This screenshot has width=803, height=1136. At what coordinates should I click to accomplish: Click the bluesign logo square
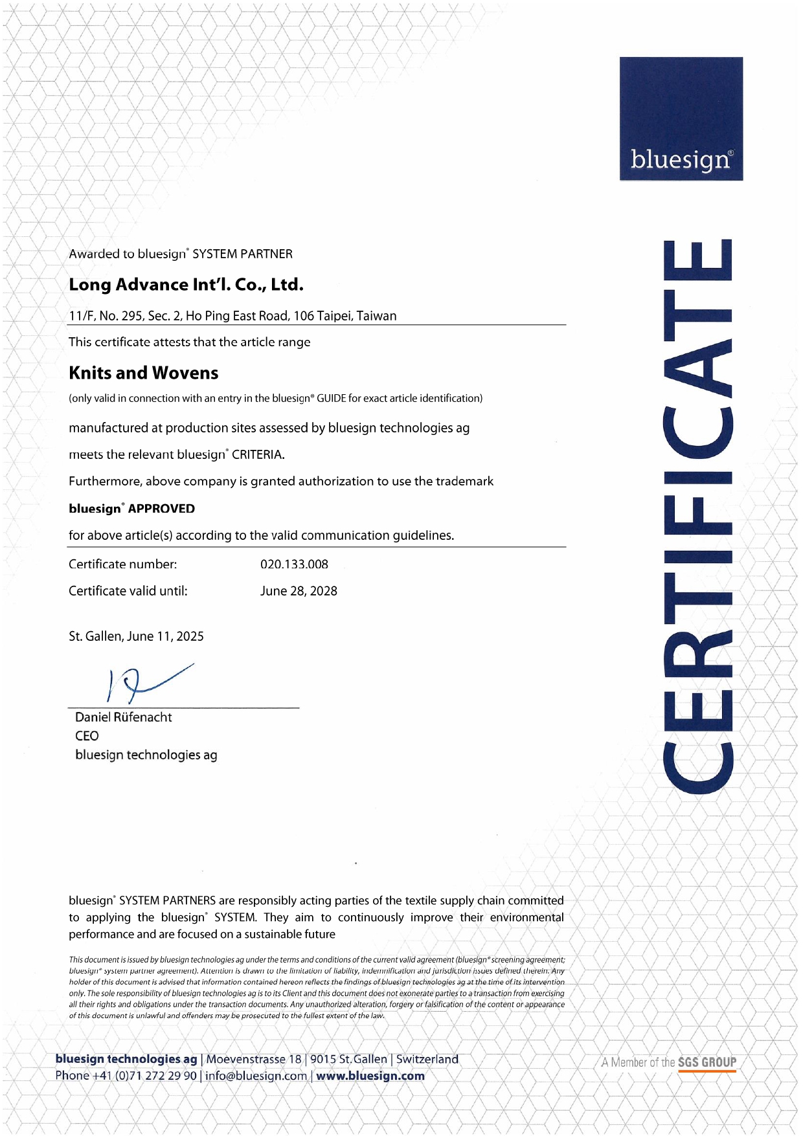[681, 118]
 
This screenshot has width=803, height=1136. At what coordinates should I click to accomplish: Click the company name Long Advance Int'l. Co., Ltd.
[186, 285]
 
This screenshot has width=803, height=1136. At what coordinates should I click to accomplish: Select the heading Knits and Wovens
[144, 373]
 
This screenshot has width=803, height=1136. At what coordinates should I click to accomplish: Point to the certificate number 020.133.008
[294, 564]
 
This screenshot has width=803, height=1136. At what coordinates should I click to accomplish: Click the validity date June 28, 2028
[299, 591]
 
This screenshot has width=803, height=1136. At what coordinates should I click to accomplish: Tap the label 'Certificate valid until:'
[128, 591]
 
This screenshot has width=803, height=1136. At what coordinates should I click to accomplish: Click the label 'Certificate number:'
[123, 564]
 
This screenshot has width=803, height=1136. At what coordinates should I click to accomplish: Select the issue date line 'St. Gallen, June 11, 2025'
[136, 636]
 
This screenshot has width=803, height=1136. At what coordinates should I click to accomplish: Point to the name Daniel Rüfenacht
[124, 717]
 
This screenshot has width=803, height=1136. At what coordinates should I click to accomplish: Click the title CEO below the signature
[87, 736]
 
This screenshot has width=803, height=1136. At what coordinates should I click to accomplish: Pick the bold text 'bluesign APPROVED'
[131, 509]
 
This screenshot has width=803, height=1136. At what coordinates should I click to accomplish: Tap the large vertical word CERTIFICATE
[698, 516]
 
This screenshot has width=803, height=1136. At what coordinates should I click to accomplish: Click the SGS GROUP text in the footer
[707, 1062]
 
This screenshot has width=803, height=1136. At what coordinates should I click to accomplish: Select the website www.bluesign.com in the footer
[370, 1076]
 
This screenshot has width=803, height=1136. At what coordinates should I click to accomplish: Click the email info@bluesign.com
[256, 1076]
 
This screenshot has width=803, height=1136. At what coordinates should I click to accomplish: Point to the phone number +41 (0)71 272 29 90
[144, 1076]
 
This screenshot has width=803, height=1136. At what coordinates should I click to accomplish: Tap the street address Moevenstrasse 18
[254, 1060]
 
